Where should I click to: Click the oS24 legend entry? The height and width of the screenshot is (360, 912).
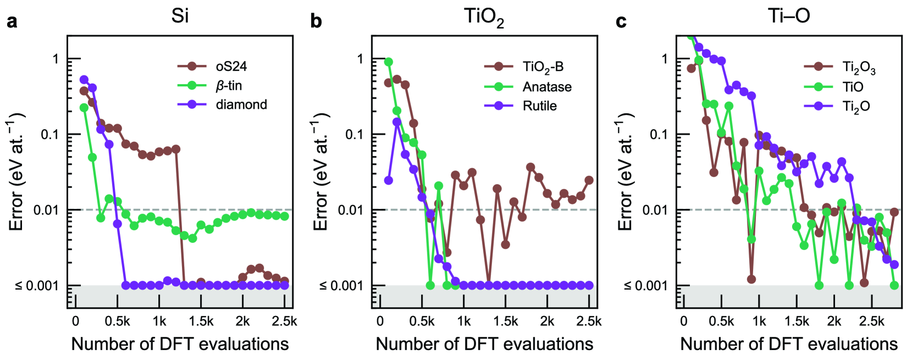231,67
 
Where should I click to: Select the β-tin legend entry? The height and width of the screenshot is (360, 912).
229,86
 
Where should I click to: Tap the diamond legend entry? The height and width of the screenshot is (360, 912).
241,104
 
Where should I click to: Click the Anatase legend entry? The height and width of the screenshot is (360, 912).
546,87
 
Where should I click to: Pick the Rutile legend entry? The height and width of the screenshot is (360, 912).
539,106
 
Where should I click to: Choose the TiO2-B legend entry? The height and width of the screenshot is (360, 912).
543,67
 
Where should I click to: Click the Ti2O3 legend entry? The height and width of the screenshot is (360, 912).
859,68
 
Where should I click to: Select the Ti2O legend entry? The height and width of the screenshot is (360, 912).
856,106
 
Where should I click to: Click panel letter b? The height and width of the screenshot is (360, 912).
316,21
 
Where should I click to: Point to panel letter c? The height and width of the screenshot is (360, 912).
621,21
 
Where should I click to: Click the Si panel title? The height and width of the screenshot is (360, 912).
180,16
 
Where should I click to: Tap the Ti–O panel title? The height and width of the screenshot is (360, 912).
789,16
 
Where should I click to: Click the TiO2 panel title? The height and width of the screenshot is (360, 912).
484,17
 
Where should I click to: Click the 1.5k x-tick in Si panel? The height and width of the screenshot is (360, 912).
201,322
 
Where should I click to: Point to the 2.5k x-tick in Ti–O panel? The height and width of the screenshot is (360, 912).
872,322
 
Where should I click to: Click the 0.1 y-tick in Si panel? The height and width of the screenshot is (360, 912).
50,135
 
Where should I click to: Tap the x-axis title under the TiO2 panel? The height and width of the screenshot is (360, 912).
484,344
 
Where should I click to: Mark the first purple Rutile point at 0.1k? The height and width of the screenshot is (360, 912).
389,180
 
